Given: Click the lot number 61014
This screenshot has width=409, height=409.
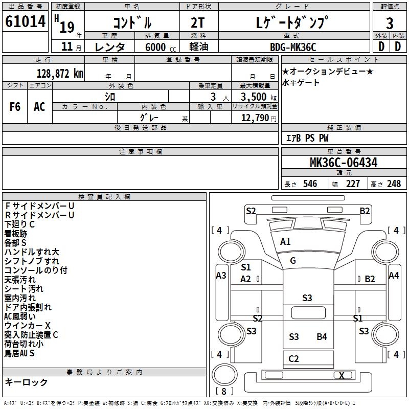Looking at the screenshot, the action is pos(25,21).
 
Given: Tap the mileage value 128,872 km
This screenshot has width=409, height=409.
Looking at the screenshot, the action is pos(60,74).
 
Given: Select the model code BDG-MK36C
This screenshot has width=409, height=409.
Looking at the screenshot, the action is pos(293,47).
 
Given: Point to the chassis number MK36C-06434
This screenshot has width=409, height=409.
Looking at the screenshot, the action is pos(344,163).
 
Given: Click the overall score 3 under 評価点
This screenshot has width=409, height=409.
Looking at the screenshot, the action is pos(390,24).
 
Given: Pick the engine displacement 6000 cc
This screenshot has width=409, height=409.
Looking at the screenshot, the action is pos(161,47).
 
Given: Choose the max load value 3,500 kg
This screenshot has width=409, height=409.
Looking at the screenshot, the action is pos(259,97).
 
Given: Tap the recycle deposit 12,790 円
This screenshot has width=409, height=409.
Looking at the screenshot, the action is pos(259,118).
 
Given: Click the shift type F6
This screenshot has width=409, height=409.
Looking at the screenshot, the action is pos(15,107).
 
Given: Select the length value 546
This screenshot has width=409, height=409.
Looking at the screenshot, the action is pos(310,184).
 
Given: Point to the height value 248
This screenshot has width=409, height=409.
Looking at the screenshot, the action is pos(394,184).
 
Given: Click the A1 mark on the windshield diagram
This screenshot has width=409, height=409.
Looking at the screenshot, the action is pos(285,242).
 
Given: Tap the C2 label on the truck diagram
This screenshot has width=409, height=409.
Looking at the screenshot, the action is pos(293,359).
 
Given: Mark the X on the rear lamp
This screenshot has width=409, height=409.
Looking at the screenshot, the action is pos(342,375).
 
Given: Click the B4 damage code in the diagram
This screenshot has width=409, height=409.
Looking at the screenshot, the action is pos(322,337).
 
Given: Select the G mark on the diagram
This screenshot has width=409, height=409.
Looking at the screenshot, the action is pos(293,261).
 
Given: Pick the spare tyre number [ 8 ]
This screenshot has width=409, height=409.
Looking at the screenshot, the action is pos(224,391).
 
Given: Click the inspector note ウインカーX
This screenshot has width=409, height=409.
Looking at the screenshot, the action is pos(28,326).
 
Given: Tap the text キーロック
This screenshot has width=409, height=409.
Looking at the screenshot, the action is pos(26,382).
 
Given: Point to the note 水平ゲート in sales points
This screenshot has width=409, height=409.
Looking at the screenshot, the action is pos(301,83).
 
